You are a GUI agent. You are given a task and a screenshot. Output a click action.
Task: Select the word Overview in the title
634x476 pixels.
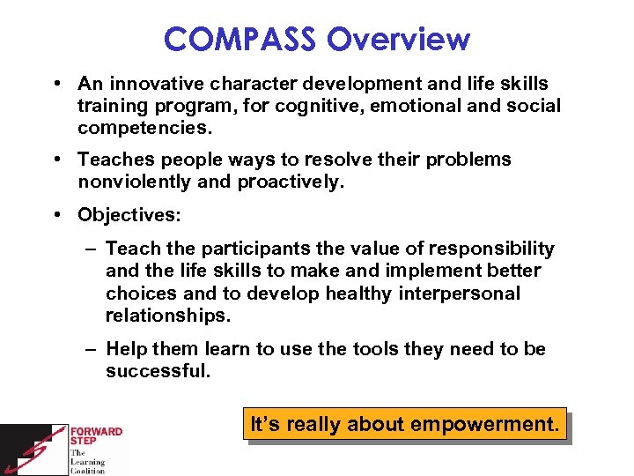399,39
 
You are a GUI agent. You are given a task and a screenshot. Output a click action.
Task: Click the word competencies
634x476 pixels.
144,128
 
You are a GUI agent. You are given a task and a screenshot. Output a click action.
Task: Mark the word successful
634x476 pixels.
158,371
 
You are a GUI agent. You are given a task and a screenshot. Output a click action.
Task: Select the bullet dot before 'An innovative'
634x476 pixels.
55,84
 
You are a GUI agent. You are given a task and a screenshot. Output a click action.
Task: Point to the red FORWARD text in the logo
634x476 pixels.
98,432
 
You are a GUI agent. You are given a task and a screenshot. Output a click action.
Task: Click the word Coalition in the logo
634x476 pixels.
88,471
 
